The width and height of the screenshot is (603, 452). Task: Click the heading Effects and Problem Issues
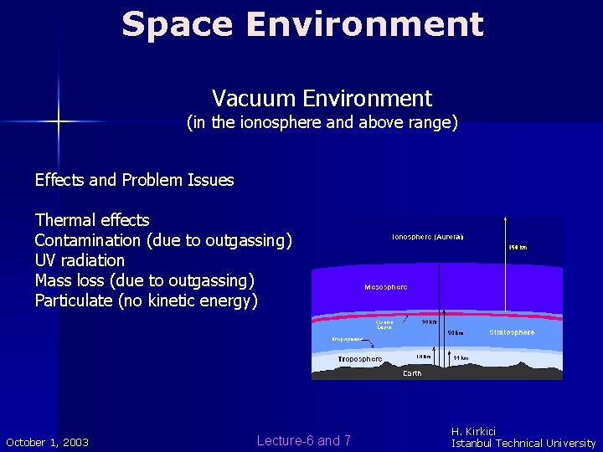pos(134,180)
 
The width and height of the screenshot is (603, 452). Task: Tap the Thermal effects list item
pos(92,220)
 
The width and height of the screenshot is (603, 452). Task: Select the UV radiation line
pos(80,260)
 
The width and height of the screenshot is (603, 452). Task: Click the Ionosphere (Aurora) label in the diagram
pos(427,237)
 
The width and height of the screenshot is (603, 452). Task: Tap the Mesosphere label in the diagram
pos(386,287)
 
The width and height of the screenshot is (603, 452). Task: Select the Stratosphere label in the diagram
pos(512,332)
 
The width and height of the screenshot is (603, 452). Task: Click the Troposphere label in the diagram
pos(360,359)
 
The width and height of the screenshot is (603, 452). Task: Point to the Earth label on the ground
pos(412,373)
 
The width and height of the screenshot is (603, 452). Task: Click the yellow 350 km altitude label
pos(518,247)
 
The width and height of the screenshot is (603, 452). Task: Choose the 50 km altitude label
pos(455,332)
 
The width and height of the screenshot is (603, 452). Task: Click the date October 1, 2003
pos(48,442)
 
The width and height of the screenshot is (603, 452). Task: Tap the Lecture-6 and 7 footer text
pos(304,440)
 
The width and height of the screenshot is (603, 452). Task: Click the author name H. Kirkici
pos(473,431)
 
